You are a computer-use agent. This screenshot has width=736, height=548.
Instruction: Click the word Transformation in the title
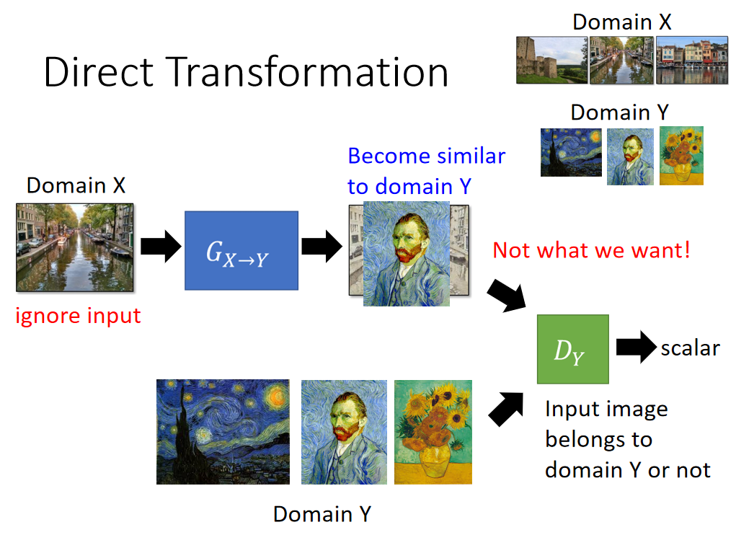(307, 72)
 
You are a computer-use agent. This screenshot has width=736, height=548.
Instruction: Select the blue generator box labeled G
(241, 250)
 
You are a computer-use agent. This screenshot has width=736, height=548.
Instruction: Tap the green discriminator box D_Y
(572, 349)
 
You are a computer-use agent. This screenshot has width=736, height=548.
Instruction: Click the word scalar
(690, 348)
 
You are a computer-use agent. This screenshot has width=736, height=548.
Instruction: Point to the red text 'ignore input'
(78, 316)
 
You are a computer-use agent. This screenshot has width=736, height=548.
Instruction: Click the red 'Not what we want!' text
(591, 250)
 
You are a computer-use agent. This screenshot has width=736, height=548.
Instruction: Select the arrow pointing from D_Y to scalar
(636, 347)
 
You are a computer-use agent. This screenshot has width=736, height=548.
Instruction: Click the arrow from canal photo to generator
(161, 246)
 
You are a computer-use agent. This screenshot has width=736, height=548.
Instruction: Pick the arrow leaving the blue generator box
(322, 246)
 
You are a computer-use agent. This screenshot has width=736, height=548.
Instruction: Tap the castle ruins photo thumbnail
(551, 60)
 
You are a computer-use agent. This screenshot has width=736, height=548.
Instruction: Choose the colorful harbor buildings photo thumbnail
(692, 60)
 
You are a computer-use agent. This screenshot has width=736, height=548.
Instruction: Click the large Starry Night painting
(223, 431)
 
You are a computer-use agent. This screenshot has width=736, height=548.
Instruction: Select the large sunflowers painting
(433, 432)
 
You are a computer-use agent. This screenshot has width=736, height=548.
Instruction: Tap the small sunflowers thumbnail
(681, 156)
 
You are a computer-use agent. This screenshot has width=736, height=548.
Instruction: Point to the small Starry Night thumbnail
(571, 152)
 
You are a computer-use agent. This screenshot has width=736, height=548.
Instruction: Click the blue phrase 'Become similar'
(426, 156)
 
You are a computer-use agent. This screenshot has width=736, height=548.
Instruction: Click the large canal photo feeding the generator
(75, 247)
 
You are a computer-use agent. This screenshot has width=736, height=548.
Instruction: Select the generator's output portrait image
(407, 254)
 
